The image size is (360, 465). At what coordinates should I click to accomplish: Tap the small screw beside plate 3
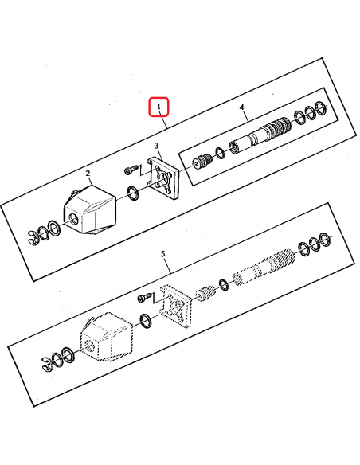click(x=131, y=170)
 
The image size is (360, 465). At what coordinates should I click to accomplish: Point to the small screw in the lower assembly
click(x=143, y=298)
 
